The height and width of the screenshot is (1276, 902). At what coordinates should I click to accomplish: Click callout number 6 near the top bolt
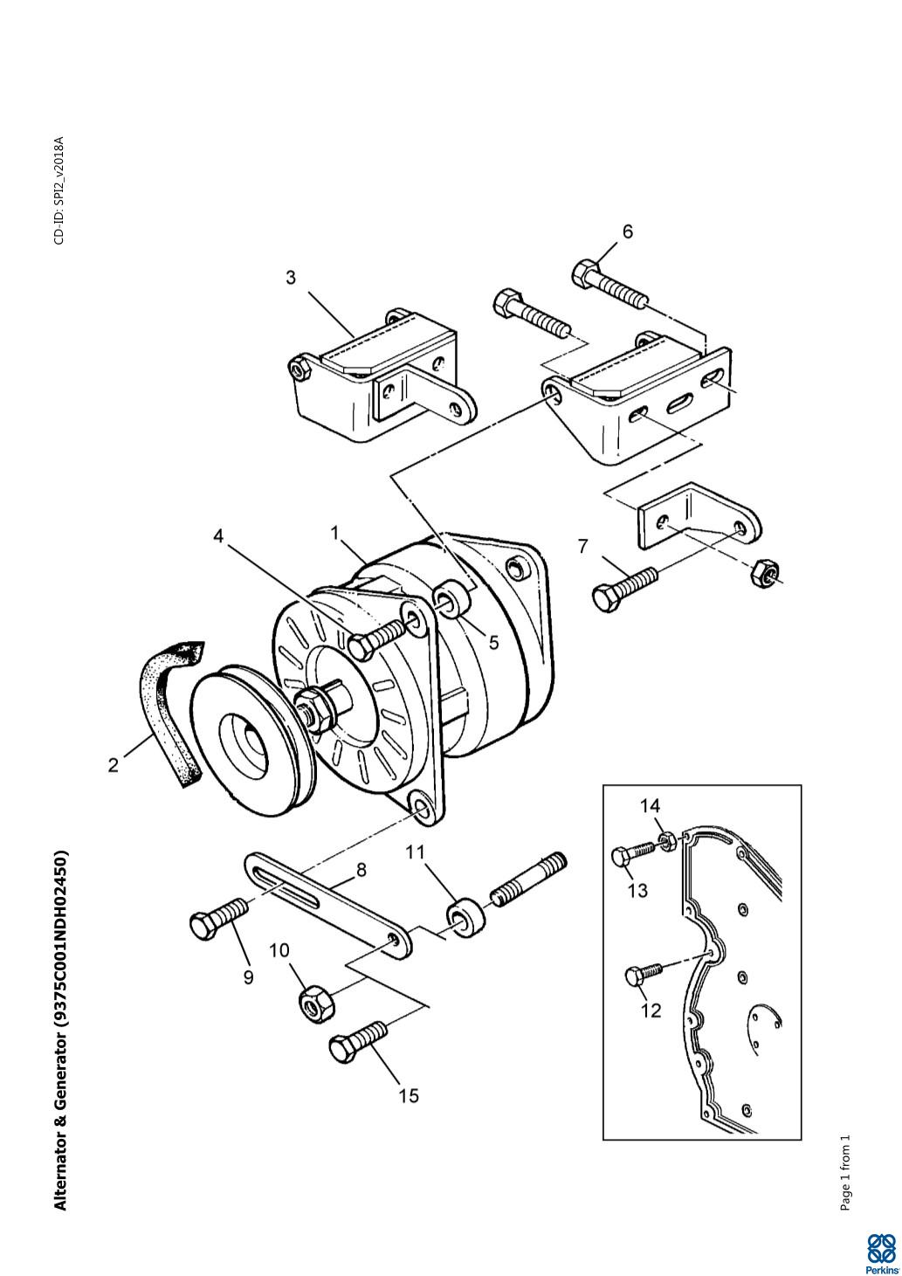(x=627, y=231)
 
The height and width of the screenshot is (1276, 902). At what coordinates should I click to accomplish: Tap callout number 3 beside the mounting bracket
(x=291, y=278)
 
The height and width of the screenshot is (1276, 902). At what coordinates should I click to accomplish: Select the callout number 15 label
(x=409, y=1095)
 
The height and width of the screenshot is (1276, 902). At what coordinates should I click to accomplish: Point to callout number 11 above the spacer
(x=416, y=852)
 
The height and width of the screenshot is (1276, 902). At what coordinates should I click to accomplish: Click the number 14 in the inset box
(x=651, y=805)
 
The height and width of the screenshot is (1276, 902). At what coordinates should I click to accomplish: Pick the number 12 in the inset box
(x=651, y=1010)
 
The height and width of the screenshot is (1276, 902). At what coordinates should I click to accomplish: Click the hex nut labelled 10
(x=317, y=999)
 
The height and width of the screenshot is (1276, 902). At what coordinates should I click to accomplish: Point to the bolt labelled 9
(x=218, y=916)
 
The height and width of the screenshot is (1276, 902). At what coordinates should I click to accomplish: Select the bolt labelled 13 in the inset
(x=634, y=853)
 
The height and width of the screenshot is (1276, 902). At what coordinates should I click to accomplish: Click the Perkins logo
(x=880, y=1252)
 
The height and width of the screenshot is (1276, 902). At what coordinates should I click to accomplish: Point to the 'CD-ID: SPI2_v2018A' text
(x=59, y=190)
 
